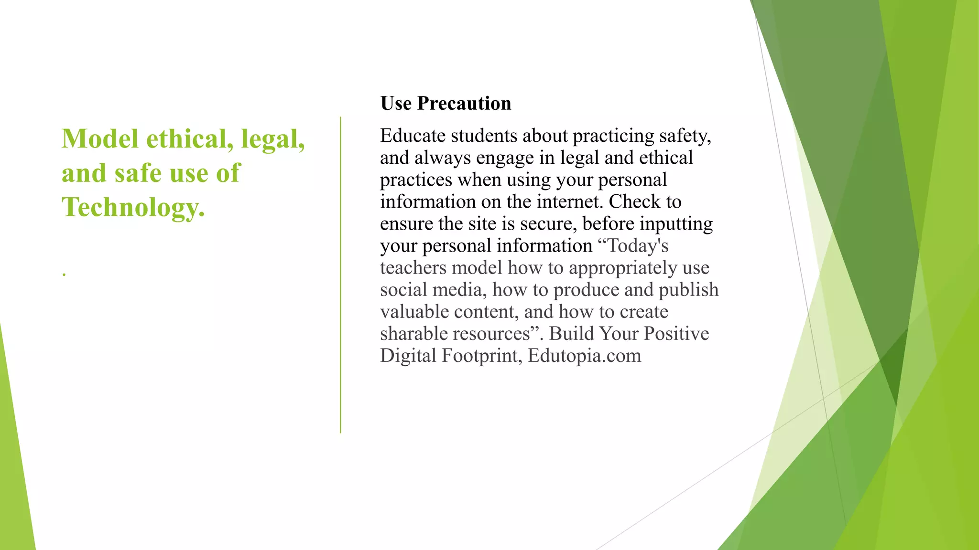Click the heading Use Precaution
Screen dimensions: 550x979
click(x=446, y=104)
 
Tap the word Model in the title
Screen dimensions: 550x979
click(x=100, y=139)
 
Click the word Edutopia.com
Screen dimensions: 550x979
click(x=584, y=356)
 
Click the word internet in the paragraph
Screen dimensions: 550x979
click(x=568, y=202)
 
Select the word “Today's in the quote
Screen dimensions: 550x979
click(x=633, y=246)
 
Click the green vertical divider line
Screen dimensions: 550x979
click(x=340, y=275)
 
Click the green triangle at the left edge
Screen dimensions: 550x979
click(x=14, y=477)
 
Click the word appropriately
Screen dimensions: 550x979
click(x=623, y=268)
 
